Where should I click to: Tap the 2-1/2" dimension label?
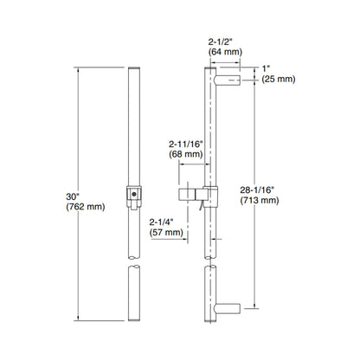coord(222,40)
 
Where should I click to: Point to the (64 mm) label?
coord(222,51)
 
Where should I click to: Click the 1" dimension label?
coord(267,67)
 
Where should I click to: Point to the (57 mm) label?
coord(166,232)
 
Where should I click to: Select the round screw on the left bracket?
coord(134,196)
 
